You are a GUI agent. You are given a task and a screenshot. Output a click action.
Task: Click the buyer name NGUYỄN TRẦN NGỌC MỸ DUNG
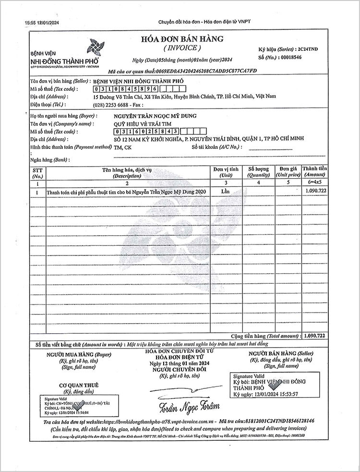click(x=155, y=116)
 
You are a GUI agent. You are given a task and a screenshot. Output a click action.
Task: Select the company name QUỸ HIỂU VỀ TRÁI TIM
click(x=140, y=123)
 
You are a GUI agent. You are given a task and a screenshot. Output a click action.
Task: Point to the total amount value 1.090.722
click(x=315, y=335)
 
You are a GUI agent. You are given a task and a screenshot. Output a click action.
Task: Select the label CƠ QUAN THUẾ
click(x=79, y=385)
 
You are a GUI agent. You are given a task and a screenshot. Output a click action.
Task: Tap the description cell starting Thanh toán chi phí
click(x=126, y=192)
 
